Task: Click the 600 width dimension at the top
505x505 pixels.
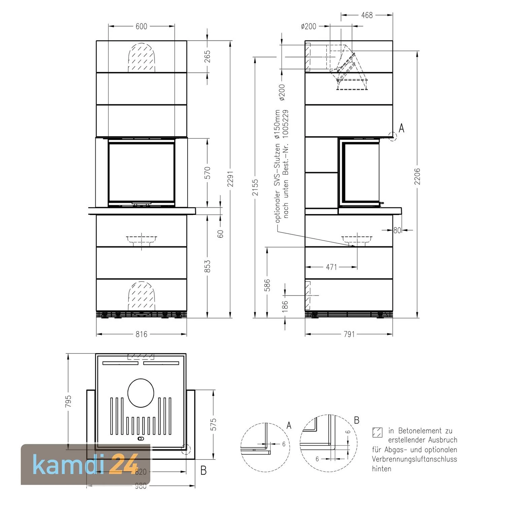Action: coord(141,26)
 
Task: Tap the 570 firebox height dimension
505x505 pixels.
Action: coord(207,172)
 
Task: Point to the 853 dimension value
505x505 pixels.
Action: coord(207,266)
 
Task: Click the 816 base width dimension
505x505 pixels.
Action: coord(141,334)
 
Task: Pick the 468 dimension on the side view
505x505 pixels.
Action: coord(367,15)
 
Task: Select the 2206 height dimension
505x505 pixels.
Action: coord(417,176)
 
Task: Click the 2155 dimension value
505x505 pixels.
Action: coord(255,187)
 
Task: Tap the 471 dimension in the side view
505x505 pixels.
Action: coord(331,267)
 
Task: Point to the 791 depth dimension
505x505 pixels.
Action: coord(349,334)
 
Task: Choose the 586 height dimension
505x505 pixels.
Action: coord(267,285)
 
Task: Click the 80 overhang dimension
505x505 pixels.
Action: coord(397,230)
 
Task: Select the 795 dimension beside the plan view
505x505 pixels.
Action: coord(68,401)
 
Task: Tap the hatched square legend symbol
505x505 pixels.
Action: coord(377,432)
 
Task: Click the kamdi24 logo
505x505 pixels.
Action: coord(86,465)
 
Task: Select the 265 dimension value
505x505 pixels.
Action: coord(207,56)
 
